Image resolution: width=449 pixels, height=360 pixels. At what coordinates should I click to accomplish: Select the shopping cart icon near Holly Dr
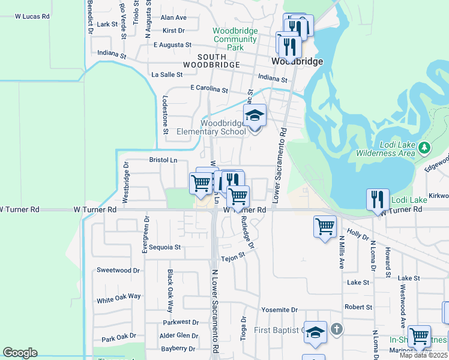(x=325, y=227)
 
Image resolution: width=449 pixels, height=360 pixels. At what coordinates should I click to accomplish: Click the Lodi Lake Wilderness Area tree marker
(x=424, y=147)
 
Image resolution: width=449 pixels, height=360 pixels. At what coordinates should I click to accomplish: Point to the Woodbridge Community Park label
(x=235, y=39)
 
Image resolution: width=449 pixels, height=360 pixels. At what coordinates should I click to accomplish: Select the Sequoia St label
(x=165, y=247)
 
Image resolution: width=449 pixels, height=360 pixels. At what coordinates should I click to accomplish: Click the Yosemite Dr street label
(x=279, y=310)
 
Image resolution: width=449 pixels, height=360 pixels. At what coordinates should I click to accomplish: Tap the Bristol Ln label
(x=163, y=160)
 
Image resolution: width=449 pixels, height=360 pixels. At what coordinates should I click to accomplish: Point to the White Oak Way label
(x=119, y=296)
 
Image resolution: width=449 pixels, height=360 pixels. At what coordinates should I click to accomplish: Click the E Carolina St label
(x=209, y=89)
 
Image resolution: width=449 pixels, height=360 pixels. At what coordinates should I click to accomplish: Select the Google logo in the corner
(x=20, y=353)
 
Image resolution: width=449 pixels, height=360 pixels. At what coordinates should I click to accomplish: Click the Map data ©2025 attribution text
(x=424, y=355)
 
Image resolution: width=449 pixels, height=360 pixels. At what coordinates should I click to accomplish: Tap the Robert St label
(x=358, y=307)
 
